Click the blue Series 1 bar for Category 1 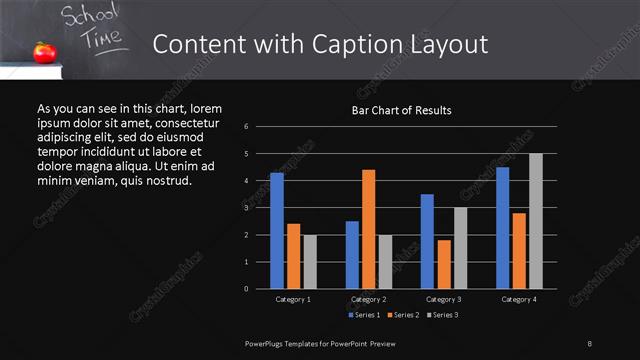(x=277, y=231)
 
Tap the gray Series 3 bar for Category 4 (x=535, y=221)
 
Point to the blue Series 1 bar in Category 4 (x=502, y=228)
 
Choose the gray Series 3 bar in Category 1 (x=310, y=262)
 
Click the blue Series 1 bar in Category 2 (x=352, y=255)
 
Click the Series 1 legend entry (x=364, y=315)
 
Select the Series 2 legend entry (x=402, y=315)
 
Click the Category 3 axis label (x=443, y=299)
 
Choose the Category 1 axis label (x=293, y=299)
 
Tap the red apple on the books (x=43, y=52)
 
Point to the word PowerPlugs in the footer (x=268, y=343)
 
